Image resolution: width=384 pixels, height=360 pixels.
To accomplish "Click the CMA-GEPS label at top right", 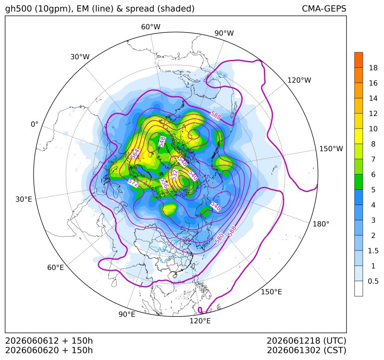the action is click(324, 8).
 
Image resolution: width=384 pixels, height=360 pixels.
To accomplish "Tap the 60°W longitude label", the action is click(150, 27).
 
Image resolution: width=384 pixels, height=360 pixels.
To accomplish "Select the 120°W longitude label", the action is click(299, 80).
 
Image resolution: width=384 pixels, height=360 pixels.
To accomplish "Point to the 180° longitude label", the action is click(321, 224).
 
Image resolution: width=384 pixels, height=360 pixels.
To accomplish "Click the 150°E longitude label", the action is click(271, 292).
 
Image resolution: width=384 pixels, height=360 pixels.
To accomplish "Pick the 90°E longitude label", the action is click(127, 314).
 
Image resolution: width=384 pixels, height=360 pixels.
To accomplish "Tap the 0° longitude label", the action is click(34, 124).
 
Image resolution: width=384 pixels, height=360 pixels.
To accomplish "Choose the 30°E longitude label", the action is click(24, 199).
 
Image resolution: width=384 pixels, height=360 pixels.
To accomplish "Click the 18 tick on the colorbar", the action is click(373, 68).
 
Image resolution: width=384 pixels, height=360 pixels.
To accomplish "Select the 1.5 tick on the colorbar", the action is click(373, 251).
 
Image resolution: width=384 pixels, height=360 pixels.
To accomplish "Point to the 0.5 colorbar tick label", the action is click(373, 281).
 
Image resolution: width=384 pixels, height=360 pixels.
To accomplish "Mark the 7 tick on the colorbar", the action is click(373, 159).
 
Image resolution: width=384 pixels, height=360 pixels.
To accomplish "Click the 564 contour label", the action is click(135, 154).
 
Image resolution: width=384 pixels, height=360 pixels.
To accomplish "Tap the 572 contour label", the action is click(133, 182).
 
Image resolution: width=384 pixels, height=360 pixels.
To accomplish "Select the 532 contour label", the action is click(175, 175).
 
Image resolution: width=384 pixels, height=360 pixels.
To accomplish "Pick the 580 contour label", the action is click(220, 238).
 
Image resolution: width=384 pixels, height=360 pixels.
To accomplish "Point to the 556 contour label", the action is click(164, 183).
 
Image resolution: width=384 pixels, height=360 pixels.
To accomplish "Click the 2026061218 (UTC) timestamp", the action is click(306, 341).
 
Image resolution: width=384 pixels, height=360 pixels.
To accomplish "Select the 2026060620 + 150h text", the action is click(49, 350).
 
